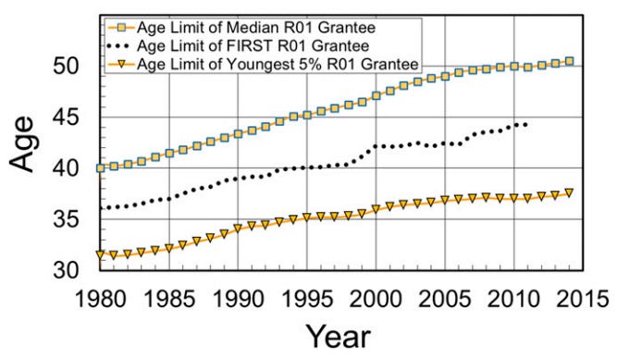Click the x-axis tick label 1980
click(101, 303)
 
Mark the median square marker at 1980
click(101, 168)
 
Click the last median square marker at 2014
click(569, 62)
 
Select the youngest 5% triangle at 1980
click(101, 254)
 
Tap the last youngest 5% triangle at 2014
click(569, 193)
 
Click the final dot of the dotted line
click(527, 124)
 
